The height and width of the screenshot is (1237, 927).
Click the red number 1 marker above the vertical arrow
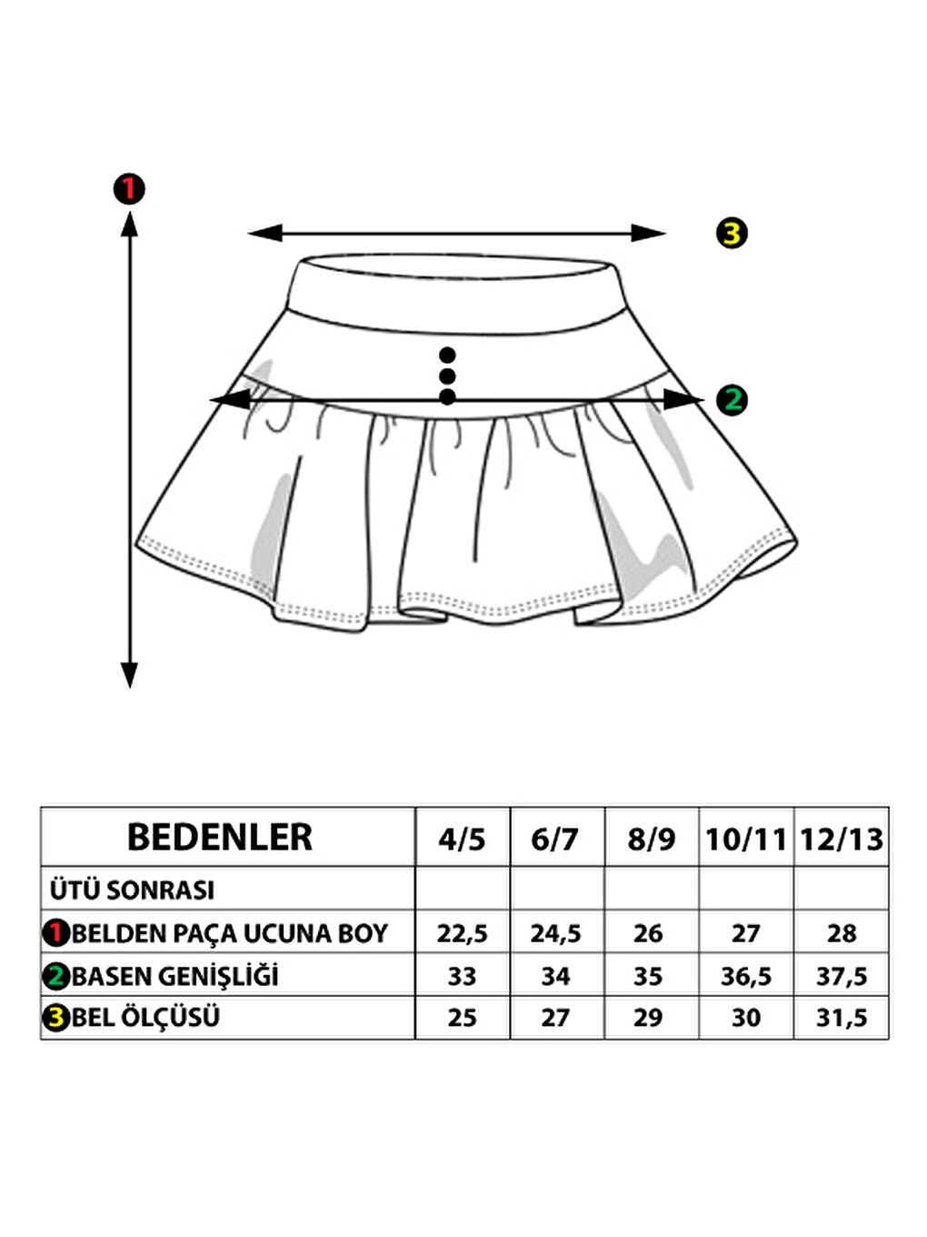(129, 189)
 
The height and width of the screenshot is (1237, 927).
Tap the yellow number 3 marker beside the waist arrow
(732, 233)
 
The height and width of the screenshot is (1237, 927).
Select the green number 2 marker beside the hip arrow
(732, 400)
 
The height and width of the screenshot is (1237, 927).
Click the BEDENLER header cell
(220, 837)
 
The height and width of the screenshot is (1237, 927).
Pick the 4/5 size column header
(462, 840)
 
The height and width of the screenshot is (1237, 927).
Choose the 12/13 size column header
(842, 840)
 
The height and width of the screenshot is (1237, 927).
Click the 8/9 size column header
(652, 840)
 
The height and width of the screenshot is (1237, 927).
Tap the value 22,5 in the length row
(462, 934)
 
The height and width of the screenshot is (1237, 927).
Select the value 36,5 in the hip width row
(746, 976)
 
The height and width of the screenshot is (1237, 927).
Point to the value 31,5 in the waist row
(842, 1018)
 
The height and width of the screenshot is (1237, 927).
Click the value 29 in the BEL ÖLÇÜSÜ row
(648, 1018)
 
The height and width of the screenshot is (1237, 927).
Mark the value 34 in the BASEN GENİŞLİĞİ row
(555, 976)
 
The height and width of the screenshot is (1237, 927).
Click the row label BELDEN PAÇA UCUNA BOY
(230, 934)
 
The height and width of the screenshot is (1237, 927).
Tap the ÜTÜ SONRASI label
(133, 890)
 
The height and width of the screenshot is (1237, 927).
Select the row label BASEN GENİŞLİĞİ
(175, 976)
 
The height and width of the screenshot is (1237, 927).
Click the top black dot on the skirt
(447, 355)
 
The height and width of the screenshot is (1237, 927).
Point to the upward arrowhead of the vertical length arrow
(129, 224)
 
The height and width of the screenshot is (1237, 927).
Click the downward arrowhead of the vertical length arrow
(129, 675)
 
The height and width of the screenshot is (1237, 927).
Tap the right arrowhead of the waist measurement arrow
(648, 233)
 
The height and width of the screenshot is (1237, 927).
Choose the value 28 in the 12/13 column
(842, 934)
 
